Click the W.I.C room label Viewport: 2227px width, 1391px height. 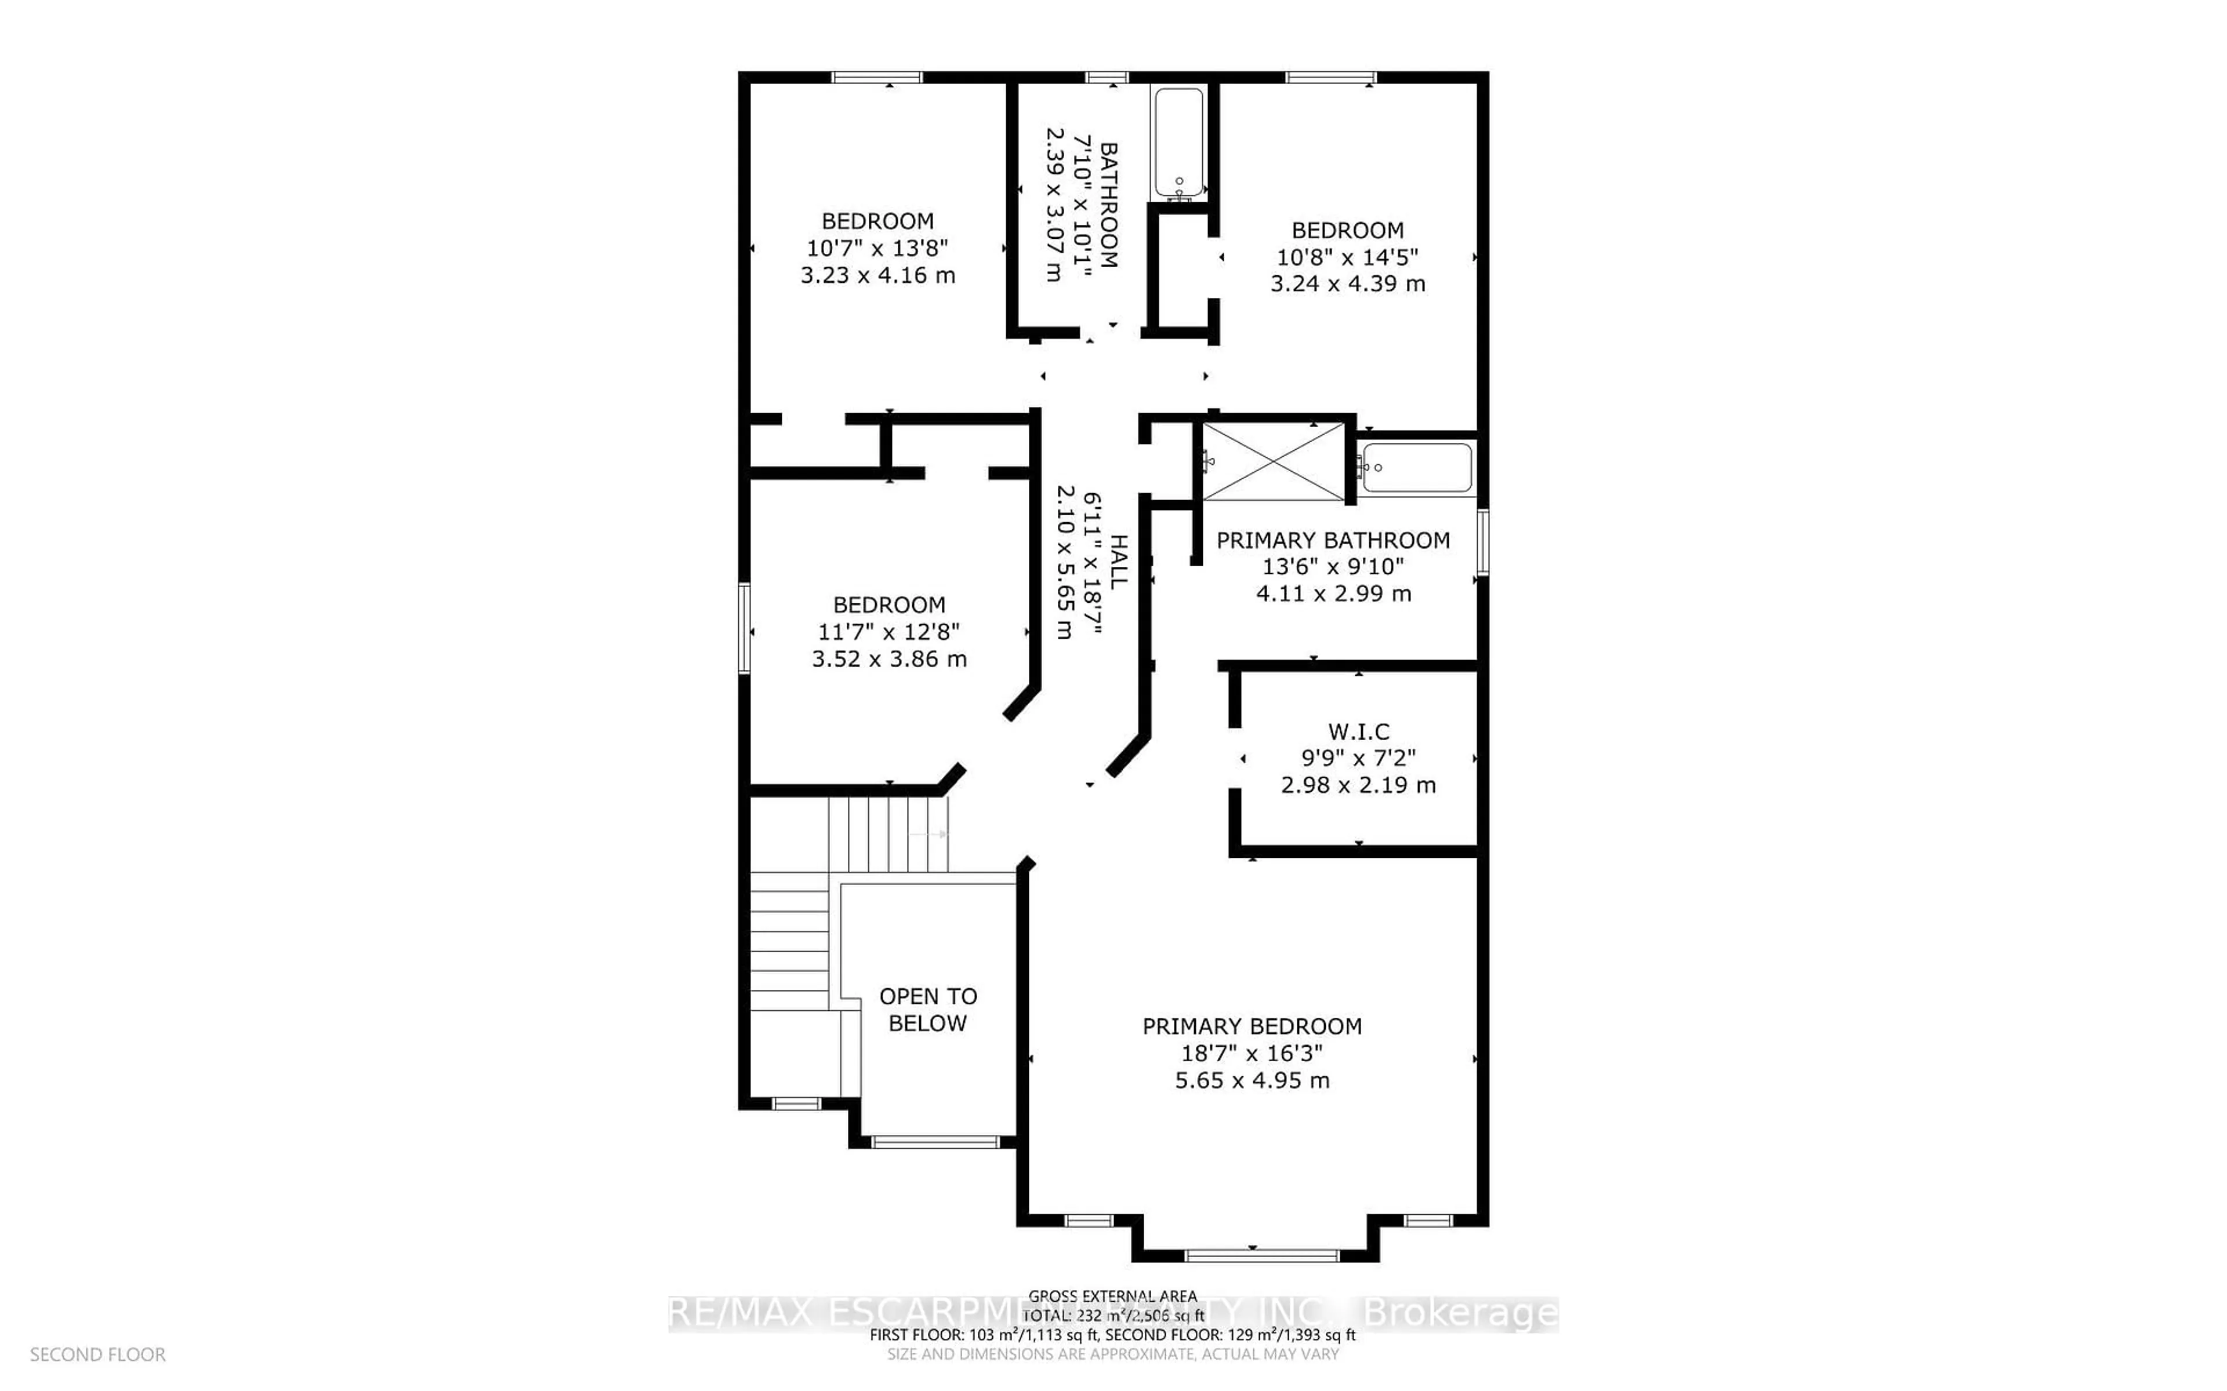click(1358, 732)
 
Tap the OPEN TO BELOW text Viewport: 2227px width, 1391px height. click(927, 1009)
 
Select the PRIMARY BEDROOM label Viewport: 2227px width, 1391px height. click(1252, 1026)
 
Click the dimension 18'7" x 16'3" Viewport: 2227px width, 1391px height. click(1252, 1053)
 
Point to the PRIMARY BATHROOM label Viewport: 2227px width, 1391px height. click(1333, 541)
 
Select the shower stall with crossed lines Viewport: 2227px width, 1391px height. click(1274, 462)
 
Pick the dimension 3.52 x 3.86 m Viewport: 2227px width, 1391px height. click(889, 660)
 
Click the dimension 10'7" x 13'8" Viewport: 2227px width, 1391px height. click(877, 249)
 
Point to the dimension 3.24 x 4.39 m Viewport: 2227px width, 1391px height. click(1347, 284)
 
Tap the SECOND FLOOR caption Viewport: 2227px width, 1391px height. click(97, 1355)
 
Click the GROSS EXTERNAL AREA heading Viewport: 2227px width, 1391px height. click(1112, 1297)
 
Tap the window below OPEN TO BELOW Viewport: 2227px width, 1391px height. click(935, 1142)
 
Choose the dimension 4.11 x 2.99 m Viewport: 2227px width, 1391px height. click(1333, 594)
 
